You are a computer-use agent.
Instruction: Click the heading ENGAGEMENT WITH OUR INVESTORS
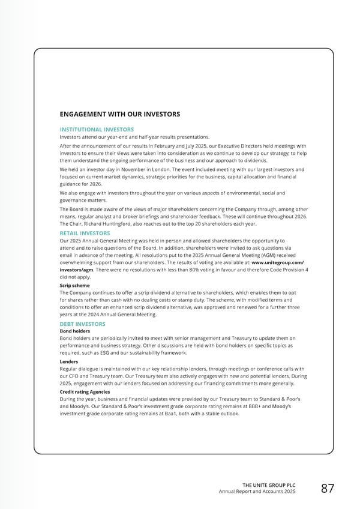click(x=119, y=114)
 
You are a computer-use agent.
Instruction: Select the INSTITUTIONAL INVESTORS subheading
click(x=97, y=129)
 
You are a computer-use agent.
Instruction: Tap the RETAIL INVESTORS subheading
click(x=85, y=233)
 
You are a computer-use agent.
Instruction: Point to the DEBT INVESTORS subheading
click(x=83, y=324)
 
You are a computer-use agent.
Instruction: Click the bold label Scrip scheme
click(x=76, y=286)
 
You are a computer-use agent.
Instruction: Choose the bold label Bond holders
click(x=75, y=331)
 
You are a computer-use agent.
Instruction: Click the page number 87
click(x=328, y=489)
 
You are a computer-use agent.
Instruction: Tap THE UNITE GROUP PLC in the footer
click(x=269, y=485)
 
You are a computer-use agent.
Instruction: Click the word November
click(x=133, y=170)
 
